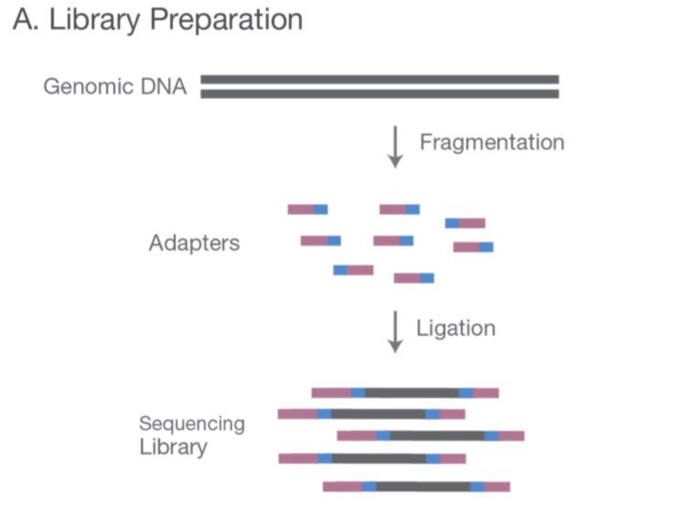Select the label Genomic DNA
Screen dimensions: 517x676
[115, 89]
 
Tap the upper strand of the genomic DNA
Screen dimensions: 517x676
[379, 80]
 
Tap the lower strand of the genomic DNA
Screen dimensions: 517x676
[379, 93]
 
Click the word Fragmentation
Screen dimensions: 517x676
[491, 143]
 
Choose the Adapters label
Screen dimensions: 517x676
[194, 243]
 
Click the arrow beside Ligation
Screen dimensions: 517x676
[395, 331]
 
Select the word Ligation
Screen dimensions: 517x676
[456, 329]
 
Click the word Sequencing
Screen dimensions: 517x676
[192, 425]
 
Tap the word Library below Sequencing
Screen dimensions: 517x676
[173, 447]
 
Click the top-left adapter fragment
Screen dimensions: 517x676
[307, 210]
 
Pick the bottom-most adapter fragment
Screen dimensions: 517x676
[413, 278]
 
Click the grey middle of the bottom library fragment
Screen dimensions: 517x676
[423, 487]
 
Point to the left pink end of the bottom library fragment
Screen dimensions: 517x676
[342, 487]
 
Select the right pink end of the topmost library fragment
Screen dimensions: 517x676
[486, 393]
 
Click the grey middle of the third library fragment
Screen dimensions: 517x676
[437, 436]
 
